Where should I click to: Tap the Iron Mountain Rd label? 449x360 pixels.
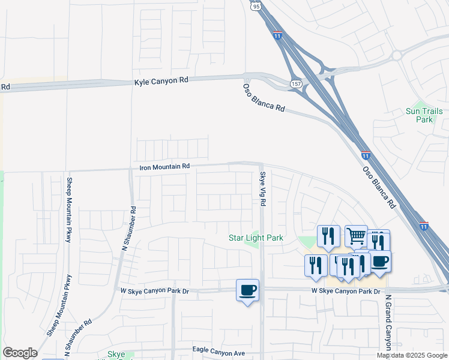pos(164,167)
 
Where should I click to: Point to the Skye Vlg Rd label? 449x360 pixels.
pos(262,189)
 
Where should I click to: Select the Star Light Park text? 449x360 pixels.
pos(256,238)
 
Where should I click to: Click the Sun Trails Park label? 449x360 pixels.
pos(424,115)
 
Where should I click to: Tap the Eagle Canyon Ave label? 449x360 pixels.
pos(219,349)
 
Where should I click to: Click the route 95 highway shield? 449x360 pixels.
pos(256,6)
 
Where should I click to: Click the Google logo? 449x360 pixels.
pos(20,353)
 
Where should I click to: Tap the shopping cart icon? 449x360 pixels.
pos(356,236)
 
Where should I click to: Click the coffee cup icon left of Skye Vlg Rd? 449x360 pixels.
pos(247,290)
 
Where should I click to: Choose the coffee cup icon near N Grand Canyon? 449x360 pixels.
pos(380,262)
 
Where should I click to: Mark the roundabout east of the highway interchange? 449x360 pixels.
pos(397,56)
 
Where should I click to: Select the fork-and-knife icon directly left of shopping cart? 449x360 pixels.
pos(328,236)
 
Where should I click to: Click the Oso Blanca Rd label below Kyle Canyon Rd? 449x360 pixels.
pos(264,97)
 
